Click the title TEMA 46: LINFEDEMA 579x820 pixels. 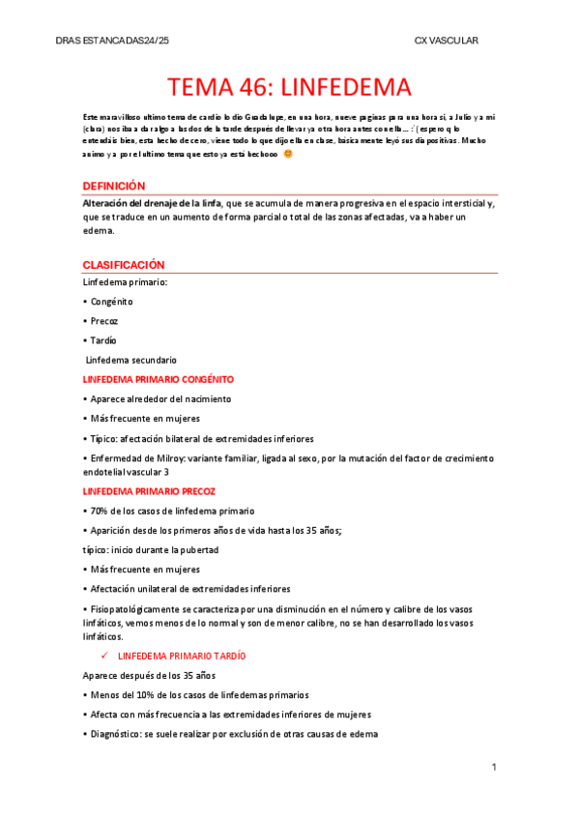289,88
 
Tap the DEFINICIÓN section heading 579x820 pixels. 113,186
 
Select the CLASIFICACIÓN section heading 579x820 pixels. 123,264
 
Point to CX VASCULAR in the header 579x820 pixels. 446,40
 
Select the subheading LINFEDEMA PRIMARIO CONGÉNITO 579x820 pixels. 158,379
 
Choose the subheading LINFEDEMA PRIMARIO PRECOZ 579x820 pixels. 149,491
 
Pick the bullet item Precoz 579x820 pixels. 103,321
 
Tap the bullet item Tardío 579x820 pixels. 103,340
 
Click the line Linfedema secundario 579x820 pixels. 131,360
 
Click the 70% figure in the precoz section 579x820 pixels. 100,511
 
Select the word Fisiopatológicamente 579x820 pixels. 135,607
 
